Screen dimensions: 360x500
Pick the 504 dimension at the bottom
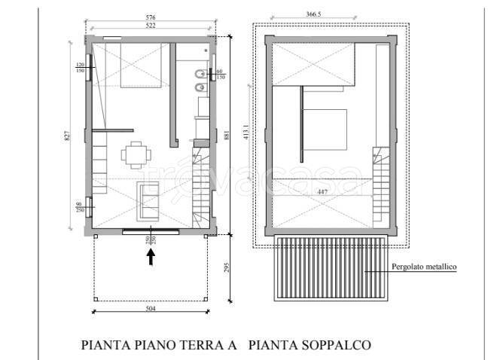click(x=149, y=309)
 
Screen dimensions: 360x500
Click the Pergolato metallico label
click(x=424, y=267)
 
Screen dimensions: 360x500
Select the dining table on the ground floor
click(x=135, y=155)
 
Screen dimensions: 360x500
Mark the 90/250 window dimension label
click(x=78, y=208)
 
